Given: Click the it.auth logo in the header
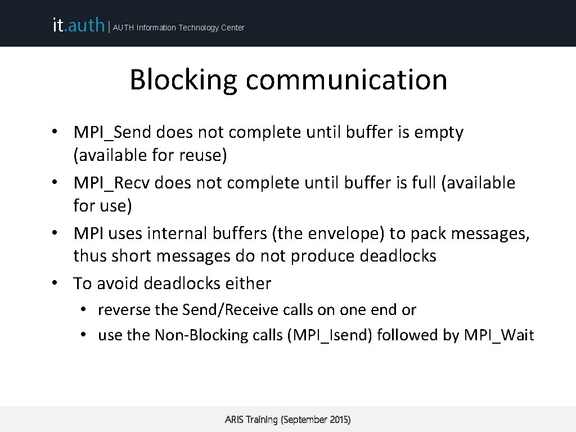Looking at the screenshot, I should tap(78, 25).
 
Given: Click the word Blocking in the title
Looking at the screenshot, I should tap(183, 79).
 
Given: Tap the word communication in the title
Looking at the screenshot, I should tap(346, 79).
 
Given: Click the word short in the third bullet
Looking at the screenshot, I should tap(130, 255).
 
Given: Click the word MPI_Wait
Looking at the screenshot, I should tap(499, 335).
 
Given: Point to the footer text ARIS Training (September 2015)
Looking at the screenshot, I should tap(287, 420).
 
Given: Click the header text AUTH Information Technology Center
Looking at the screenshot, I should tap(179, 28).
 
